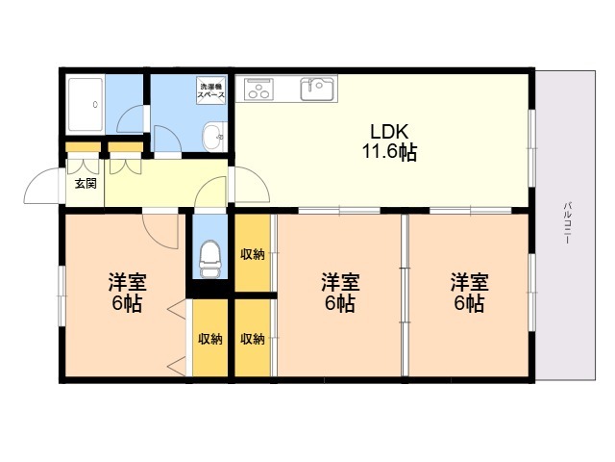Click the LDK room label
coord(389,132)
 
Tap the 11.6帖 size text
coord(389,152)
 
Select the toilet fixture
coord(210,259)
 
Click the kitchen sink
coord(318,90)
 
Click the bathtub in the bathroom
coord(86,105)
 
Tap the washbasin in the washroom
coord(214,137)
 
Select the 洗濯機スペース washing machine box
coord(211,90)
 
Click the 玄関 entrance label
coord(86,184)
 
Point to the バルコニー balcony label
coord(567,223)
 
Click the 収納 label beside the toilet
coord(252,254)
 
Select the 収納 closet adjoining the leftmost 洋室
coord(210,339)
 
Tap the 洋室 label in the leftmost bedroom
coord(128,282)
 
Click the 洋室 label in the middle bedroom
coord(340,282)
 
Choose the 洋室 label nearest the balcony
coord(470,282)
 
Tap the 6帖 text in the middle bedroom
coord(340,303)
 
